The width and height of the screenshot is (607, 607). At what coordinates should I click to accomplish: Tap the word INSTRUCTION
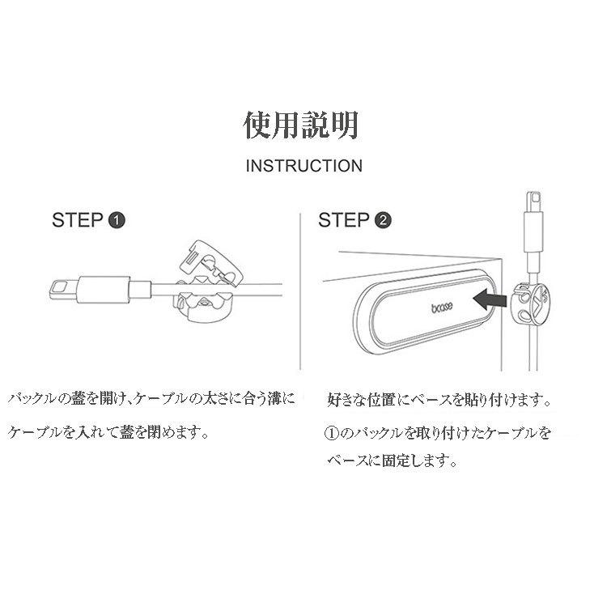click(303, 166)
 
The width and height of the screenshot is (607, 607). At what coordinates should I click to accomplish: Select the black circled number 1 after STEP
click(117, 220)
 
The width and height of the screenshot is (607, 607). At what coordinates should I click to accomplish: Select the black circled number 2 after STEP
click(384, 220)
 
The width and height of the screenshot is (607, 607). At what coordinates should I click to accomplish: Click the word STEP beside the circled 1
click(78, 220)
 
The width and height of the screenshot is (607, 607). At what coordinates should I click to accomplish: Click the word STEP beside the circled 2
click(345, 220)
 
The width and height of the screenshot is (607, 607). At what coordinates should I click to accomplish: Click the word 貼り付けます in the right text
click(500, 400)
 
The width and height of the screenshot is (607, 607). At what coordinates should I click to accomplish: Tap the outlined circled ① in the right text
click(331, 433)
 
